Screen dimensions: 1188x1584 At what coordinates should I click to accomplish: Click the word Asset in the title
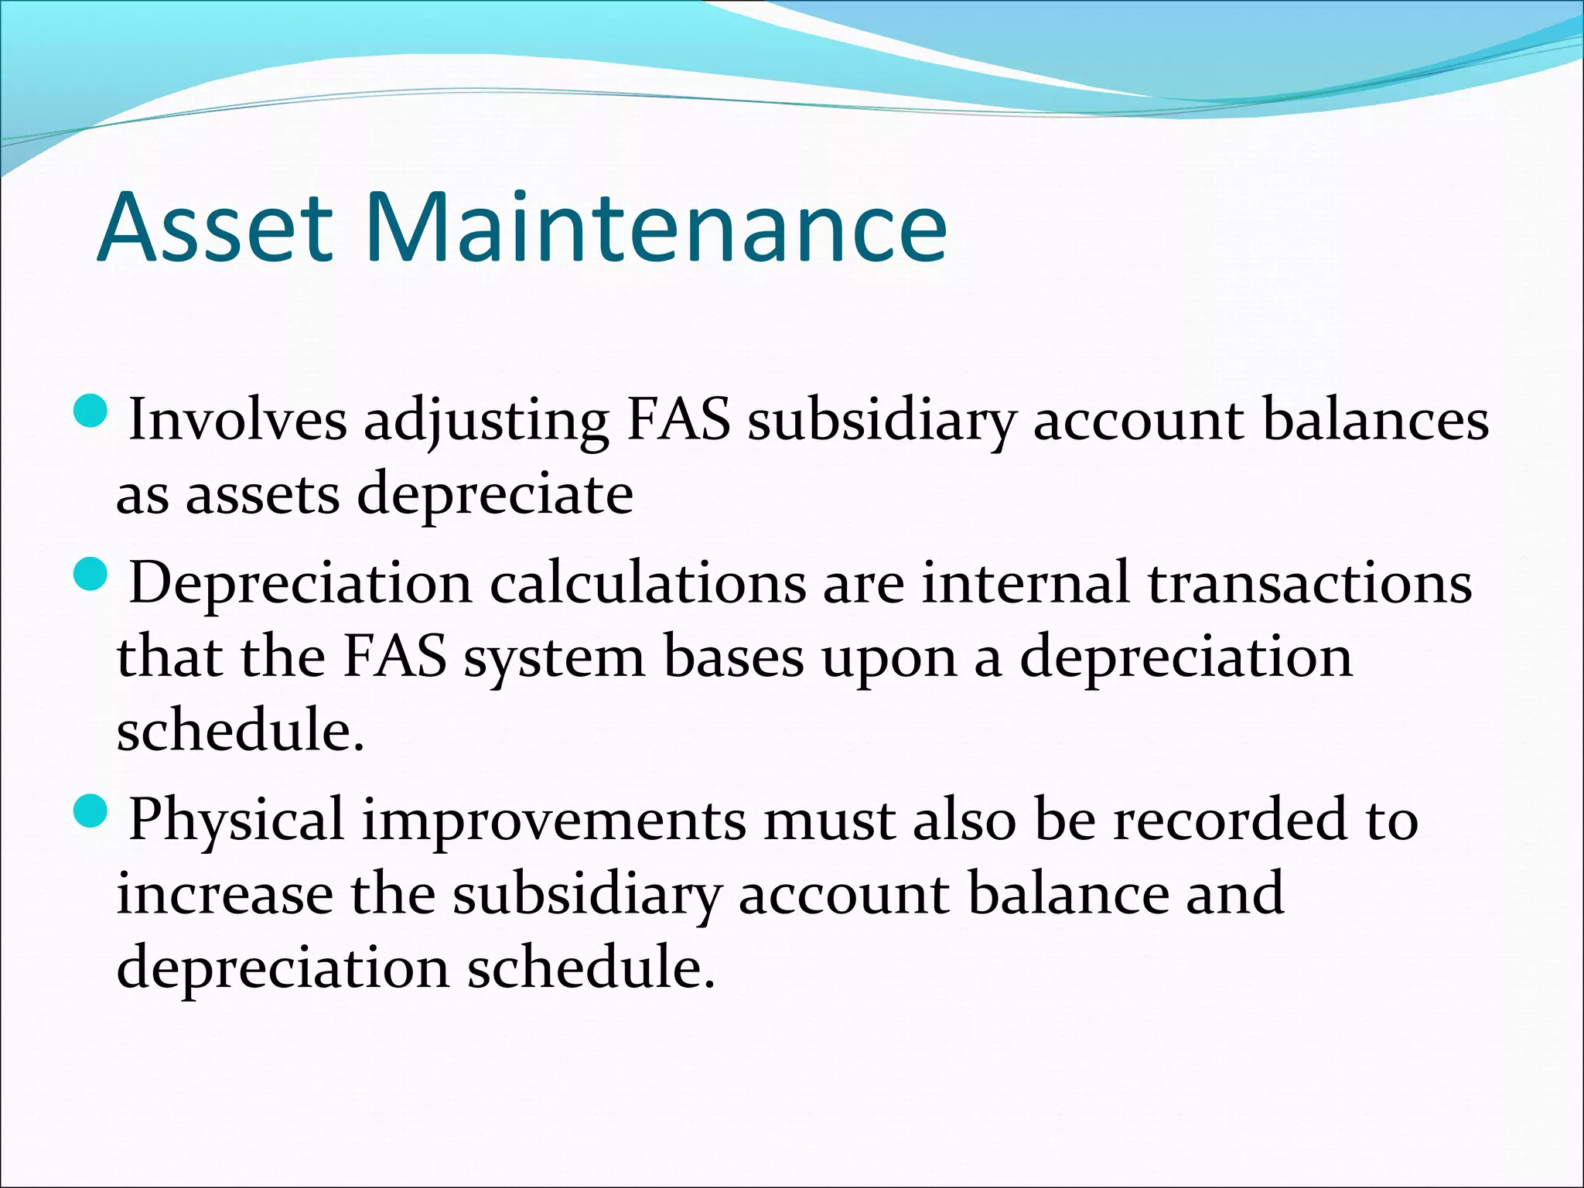click(215, 228)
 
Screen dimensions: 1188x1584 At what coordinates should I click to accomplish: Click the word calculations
click(648, 584)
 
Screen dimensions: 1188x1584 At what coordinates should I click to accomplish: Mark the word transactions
click(1309, 584)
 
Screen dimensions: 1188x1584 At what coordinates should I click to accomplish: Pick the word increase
click(224, 896)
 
